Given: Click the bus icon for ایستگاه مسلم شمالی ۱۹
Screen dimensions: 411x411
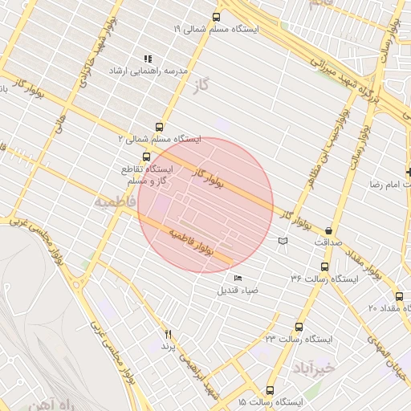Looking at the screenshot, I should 215,17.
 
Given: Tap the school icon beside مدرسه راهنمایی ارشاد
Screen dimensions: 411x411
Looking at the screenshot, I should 147,59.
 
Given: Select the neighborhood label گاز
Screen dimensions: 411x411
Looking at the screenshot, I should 212,83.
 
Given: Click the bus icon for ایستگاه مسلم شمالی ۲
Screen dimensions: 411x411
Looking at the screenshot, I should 159,127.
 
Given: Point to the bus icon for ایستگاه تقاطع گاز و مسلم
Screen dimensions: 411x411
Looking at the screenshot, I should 145,157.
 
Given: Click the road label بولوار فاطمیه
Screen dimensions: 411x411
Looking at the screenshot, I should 192,242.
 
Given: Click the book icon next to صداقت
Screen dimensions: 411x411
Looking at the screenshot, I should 282,241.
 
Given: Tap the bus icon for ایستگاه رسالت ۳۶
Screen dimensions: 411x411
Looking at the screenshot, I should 324,267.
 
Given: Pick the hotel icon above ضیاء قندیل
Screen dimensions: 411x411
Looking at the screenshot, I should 237,278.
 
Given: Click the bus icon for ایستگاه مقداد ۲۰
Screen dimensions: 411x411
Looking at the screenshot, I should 400,296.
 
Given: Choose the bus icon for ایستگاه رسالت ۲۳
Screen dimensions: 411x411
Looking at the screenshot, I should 299,328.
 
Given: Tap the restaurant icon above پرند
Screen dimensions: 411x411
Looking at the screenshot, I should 168,333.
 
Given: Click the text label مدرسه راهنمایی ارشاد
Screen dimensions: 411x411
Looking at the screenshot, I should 153,71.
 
